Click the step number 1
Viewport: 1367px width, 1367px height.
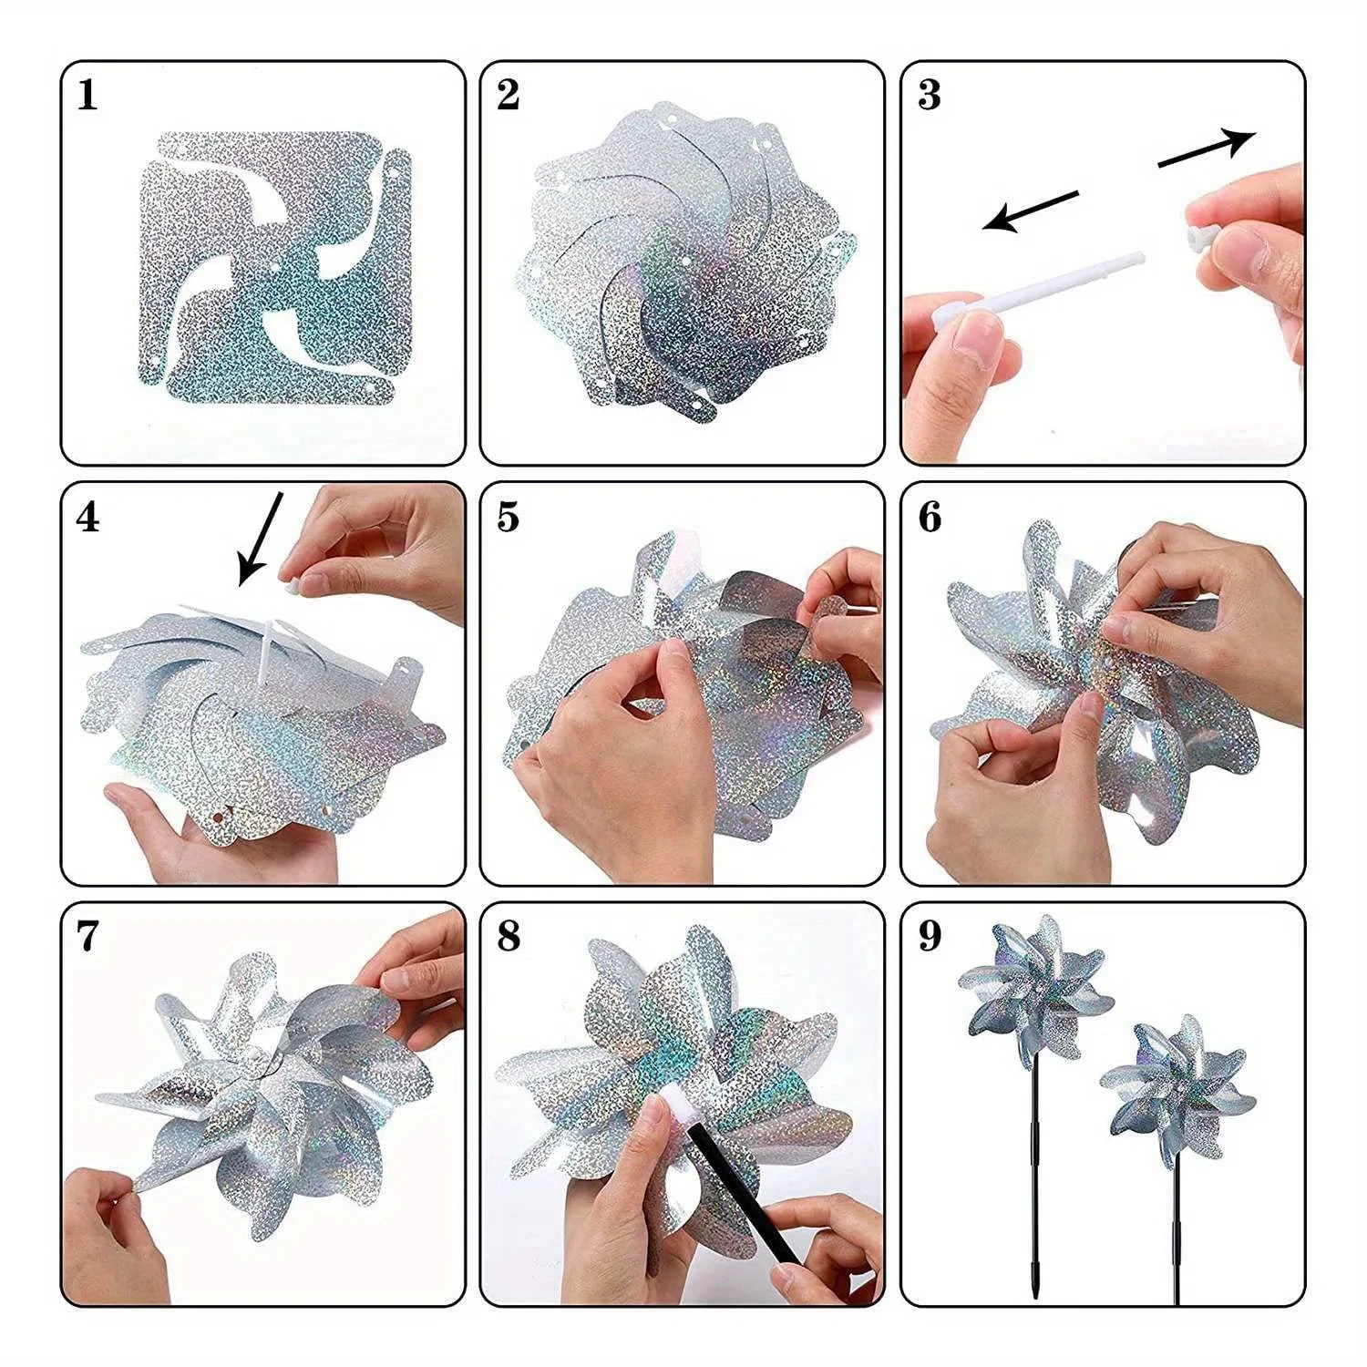click(87, 95)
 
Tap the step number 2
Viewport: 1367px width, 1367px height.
click(509, 95)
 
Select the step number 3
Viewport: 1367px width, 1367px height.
click(930, 95)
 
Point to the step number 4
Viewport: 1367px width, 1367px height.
click(87, 517)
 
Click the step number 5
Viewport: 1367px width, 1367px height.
click(509, 517)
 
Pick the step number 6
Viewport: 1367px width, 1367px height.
click(930, 517)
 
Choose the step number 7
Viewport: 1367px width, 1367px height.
click(87, 937)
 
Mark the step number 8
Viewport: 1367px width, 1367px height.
click(509, 937)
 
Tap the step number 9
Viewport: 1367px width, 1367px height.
click(930, 937)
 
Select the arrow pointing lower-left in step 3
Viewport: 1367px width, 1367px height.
click(1032, 211)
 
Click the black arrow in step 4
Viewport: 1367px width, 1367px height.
click(261, 539)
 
